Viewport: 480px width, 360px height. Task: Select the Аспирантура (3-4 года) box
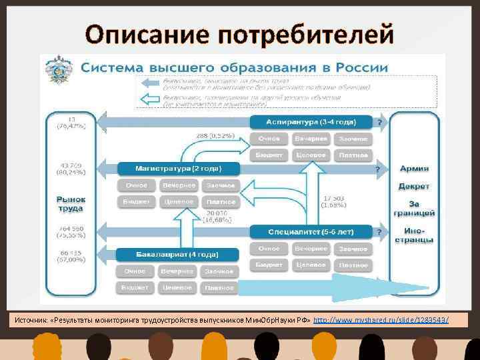(311, 122)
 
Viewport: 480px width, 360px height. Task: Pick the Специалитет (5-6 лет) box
(311, 232)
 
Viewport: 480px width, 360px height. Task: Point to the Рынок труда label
(70, 204)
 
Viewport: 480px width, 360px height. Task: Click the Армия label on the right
(414, 169)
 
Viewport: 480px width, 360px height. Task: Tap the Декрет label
(414, 187)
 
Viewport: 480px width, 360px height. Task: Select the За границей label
(414, 208)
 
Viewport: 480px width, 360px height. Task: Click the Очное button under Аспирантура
(269, 139)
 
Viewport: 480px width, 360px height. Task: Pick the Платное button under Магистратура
(220, 201)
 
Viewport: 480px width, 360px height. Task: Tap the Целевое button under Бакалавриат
(178, 288)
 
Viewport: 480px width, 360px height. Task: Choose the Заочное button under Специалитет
(353, 249)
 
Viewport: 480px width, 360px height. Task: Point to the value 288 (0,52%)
(215, 135)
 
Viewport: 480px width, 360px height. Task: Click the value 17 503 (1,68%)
(333, 201)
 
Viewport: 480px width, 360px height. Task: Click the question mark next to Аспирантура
(380, 123)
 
